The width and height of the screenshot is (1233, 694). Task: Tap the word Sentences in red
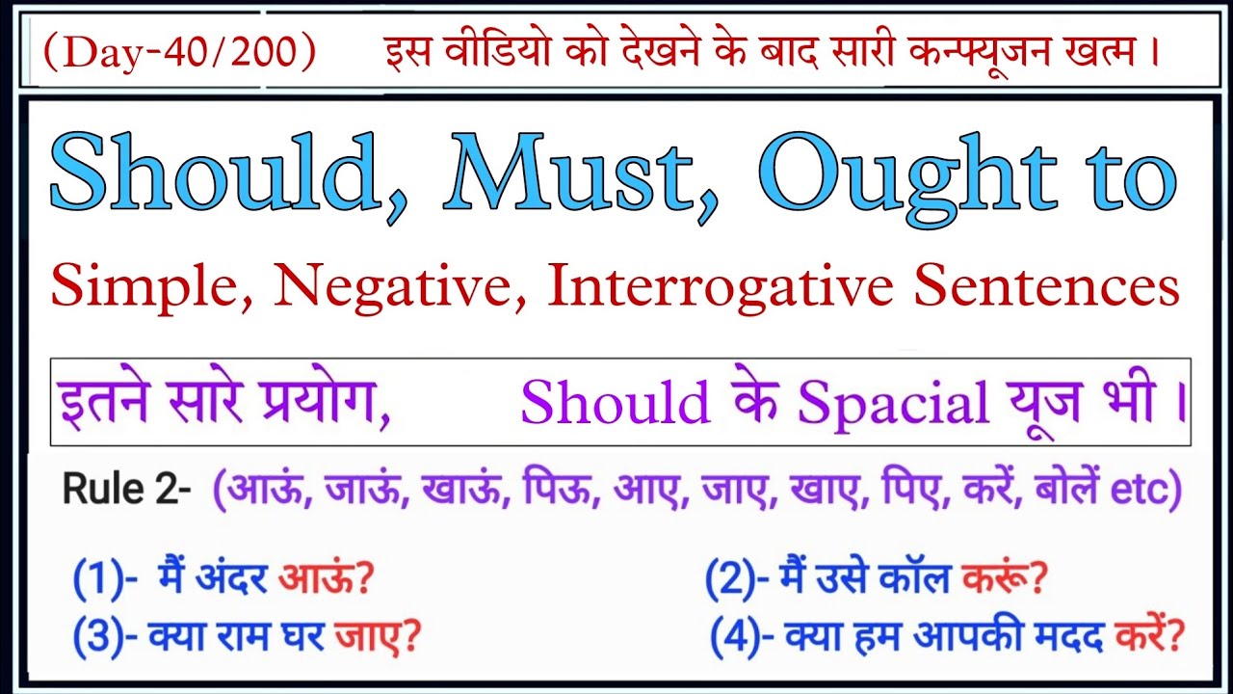1048,287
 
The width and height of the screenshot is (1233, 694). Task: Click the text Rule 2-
126,491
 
